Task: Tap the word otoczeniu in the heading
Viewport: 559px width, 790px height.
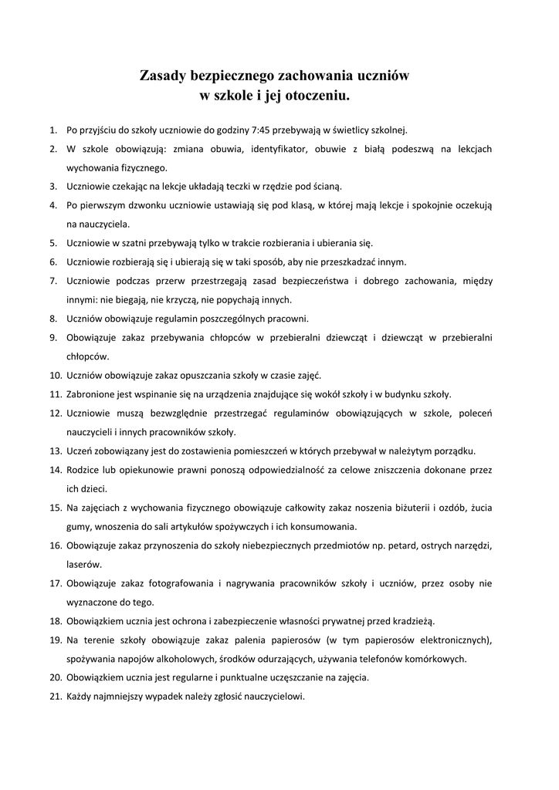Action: tap(317, 96)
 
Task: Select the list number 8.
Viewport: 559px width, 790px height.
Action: tap(54, 318)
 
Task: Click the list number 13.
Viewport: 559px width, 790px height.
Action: tap(56, 451)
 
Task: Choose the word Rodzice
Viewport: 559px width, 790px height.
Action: tap(85, 469)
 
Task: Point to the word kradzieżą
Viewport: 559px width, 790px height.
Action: tap(413, 620)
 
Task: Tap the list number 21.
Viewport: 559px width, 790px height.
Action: tap(56, 696)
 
